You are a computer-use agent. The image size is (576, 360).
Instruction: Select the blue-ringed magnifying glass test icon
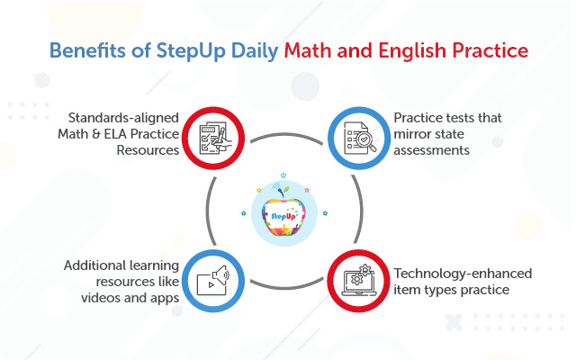click(357, 136)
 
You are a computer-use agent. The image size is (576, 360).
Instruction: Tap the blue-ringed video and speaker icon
click(213, 280)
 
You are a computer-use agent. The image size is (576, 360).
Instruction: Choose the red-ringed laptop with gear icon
click(357, 280)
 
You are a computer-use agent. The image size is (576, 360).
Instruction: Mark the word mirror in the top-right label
click(412, 135)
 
